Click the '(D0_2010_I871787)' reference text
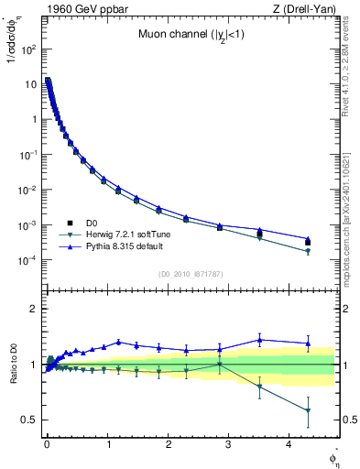[x=191, y=273]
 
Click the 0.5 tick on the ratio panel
[x=27, y=420]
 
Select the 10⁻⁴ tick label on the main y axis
[x=27, y=260]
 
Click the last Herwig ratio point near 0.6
[x=308, y=411]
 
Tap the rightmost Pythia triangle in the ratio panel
[x=308, y=343]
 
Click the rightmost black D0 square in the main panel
[x=308, y=243]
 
